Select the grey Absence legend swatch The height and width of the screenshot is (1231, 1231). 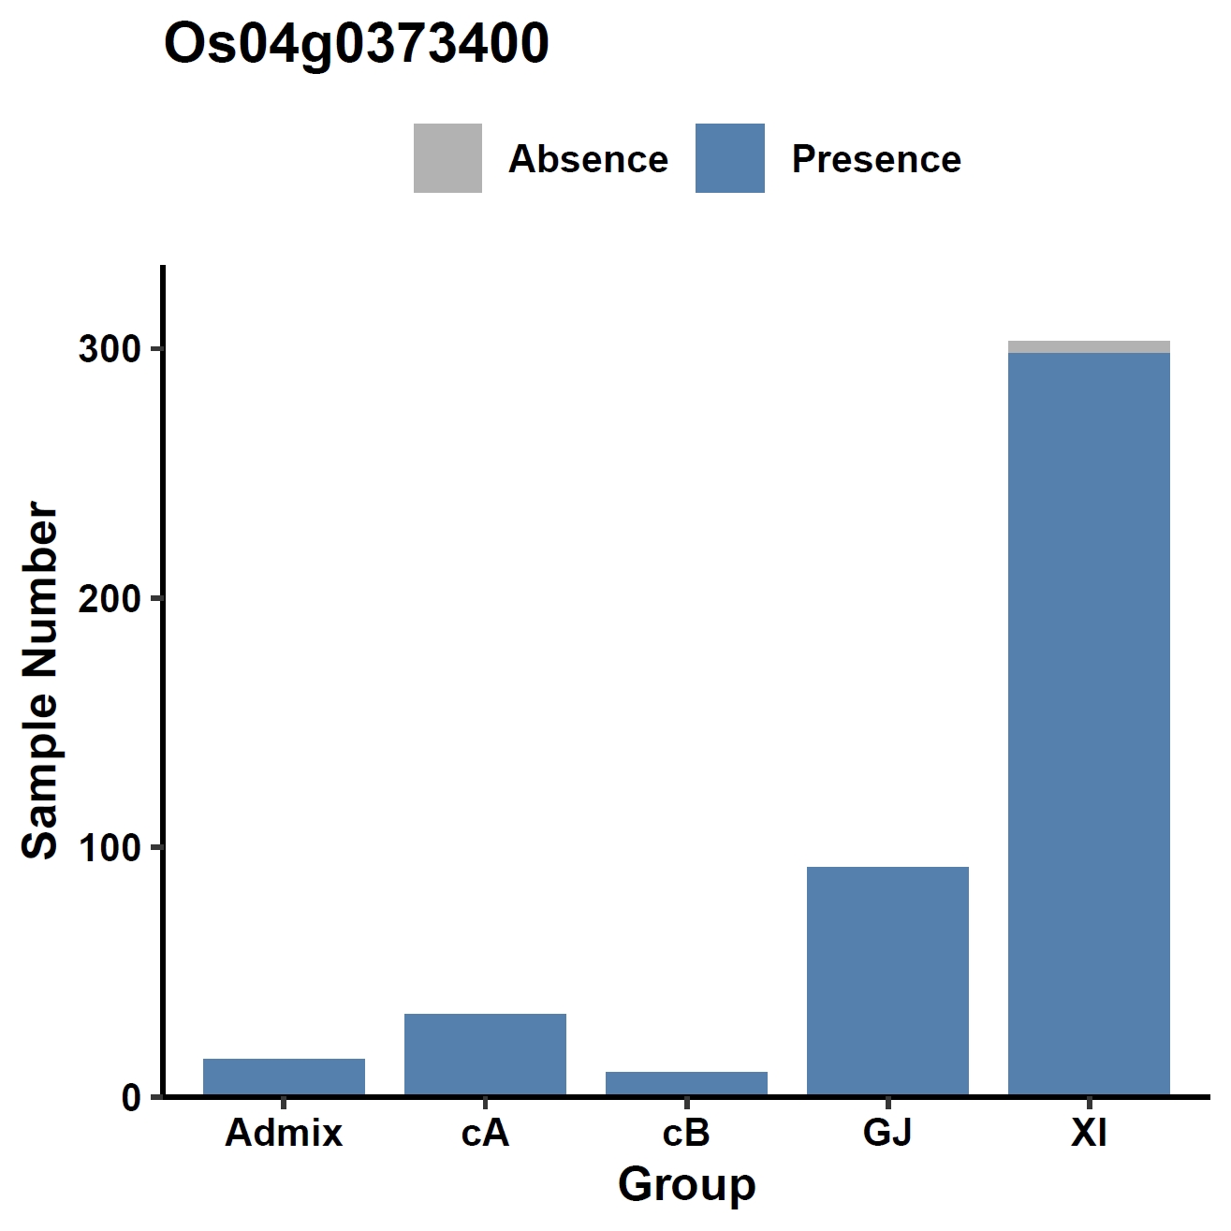(447, 158)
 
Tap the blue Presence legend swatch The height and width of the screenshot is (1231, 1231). (729, 158)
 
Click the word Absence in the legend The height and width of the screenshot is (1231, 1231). (588, 158)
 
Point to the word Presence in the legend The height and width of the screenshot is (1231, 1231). (876, 158)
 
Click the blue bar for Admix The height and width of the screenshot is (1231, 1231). (284, 1077)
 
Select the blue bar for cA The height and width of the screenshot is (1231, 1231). (485, 1055)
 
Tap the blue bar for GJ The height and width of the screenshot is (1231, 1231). (887, 981)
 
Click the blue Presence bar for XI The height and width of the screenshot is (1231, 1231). (1089, 725)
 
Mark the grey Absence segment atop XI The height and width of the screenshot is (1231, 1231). (1089, 347)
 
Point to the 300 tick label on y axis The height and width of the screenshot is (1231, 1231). (110, 349)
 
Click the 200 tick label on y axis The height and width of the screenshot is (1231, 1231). (110, 598)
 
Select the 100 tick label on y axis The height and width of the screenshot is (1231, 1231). (110, 848)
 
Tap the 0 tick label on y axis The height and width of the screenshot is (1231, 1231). (130, 1097)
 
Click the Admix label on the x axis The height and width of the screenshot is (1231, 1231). (284, 1134)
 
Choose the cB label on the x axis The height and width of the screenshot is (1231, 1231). (686, 1134)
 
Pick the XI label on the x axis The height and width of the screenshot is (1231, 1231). (1089, 1134)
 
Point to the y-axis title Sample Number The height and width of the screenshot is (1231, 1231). (39, 680)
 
